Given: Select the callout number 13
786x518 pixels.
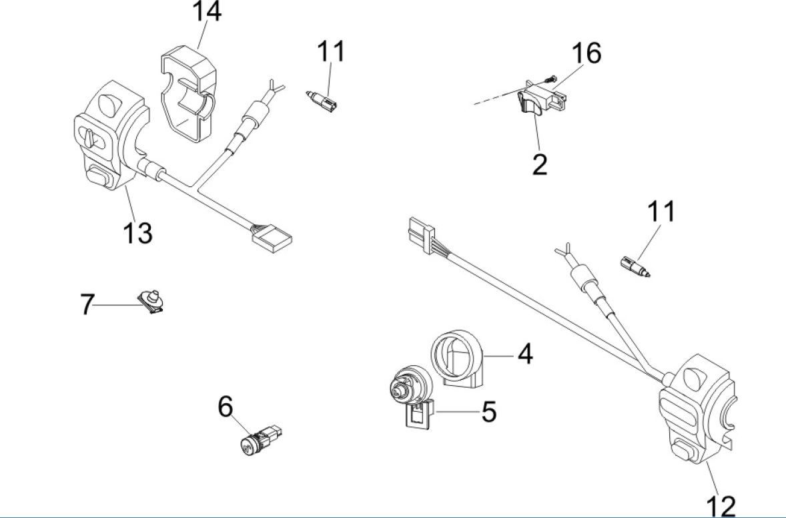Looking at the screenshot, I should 137,233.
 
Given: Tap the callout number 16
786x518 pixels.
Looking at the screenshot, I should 585,53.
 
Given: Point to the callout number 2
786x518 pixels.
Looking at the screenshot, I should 539,164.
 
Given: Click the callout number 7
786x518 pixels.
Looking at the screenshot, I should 87,305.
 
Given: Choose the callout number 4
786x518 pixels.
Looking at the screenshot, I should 525,354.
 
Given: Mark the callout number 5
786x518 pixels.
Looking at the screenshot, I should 488,412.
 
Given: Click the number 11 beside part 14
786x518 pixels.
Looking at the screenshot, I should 332,51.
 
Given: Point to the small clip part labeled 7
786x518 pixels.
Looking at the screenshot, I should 152,302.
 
